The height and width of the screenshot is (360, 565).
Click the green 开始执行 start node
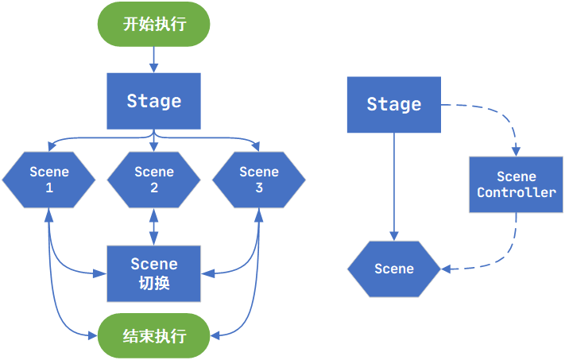(153, 24)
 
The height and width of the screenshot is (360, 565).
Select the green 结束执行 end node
(153, 335)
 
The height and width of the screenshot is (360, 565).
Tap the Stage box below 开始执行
(153, 101)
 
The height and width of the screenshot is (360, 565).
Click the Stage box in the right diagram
(393, 104)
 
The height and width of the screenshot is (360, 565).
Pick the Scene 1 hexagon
(49, 180)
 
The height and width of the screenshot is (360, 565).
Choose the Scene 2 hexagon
(153, 180)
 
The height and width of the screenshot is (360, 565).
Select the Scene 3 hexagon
(258, 180)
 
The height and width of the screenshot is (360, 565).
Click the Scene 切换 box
(153, 273)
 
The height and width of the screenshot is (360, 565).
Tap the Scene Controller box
(516, 184)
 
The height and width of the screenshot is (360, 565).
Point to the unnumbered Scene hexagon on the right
(393, 269)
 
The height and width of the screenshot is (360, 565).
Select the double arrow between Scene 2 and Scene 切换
(153, 226)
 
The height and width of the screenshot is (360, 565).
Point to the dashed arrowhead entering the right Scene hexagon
(447, 269)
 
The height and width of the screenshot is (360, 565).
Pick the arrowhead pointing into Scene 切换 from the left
(101, 273)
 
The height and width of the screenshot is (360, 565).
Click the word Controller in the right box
(516, 192)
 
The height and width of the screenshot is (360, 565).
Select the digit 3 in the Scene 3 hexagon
(258, 188)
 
